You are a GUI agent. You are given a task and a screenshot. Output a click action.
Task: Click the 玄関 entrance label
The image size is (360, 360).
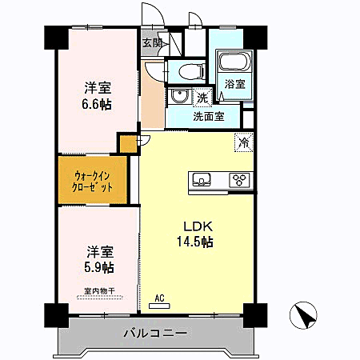tap(152, 43)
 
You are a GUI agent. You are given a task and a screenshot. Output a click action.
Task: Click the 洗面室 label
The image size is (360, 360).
tap(208, 116)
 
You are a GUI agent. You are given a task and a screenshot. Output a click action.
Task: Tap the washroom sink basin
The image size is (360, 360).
tap(179, 98)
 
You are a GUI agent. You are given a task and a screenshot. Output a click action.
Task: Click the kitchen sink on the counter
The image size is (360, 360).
tap(202, 178)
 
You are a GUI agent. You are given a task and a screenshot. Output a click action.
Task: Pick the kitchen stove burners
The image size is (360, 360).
tap(239, 179)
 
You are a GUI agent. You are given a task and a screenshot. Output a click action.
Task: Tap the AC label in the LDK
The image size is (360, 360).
tap(159, 298)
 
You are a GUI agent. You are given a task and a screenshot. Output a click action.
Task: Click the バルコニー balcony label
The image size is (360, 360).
tap(154, 333)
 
